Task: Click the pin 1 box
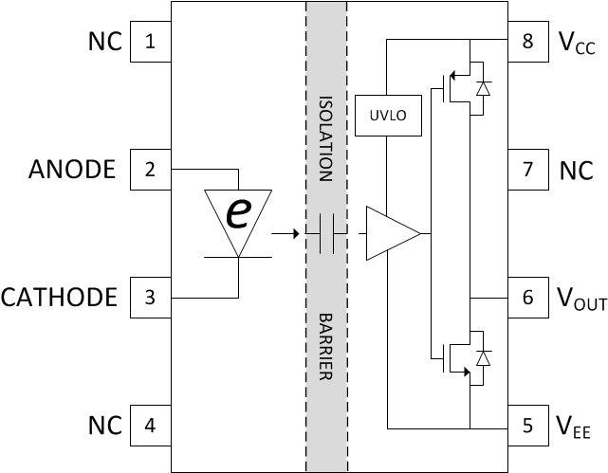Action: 150,42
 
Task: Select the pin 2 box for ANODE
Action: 150,170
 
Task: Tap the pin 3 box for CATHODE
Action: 150,298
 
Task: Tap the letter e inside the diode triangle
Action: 237,214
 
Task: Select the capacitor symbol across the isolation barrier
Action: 327,232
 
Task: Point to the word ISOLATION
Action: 325,137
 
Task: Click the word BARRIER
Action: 325,346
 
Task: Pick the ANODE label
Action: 72,170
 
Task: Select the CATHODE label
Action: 59,298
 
